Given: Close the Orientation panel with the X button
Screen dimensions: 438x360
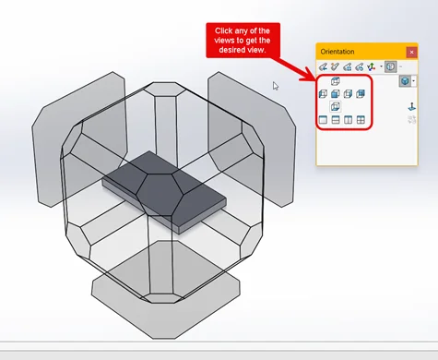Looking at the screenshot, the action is coord(411,52).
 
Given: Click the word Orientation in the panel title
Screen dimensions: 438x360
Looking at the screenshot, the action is coord(337,52).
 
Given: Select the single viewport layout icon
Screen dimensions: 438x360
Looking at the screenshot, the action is coord(323,120).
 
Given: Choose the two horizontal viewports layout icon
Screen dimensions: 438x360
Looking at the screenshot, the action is coord(336,120).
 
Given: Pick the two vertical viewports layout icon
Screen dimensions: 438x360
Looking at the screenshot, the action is coord(348,120).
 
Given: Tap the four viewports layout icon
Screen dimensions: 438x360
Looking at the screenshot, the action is coord(361,120).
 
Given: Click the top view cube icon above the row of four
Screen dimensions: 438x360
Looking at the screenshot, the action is coord(336,81).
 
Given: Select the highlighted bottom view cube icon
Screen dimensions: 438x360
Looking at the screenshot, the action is coord(335,106).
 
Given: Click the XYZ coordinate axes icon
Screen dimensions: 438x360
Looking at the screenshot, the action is coord(372,66).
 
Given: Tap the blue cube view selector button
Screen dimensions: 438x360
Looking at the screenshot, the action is coord(405,81).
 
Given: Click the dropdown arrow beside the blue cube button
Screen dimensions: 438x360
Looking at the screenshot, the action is coord(414,81).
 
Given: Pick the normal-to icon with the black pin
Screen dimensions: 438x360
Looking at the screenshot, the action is coord(411,107).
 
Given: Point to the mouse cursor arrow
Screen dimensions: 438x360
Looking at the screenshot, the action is coord(276,86).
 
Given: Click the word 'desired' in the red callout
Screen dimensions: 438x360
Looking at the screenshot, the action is coord(230,50).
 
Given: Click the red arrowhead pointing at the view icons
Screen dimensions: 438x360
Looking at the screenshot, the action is coord(309,76).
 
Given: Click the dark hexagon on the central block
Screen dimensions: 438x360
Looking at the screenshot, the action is coord(160,194).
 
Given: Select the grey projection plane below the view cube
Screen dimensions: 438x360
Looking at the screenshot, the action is coord(166,290).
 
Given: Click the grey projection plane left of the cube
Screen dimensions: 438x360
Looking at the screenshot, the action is coord(79,139).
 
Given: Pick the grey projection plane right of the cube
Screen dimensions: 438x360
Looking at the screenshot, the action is coord(252,139).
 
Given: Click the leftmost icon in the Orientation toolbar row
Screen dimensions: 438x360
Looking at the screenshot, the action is coord(323,66).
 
